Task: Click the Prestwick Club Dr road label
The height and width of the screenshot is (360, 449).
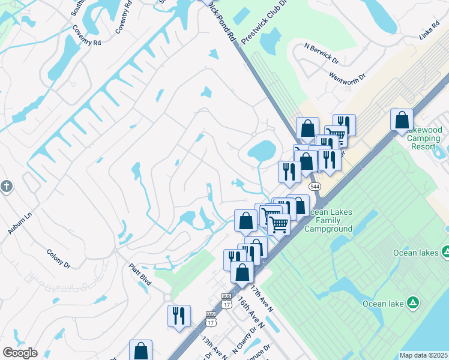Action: tap(264, 23)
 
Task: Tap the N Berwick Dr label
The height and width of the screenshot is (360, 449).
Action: tap(322, 53)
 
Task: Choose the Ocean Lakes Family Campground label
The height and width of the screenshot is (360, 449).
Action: tap(328, 220)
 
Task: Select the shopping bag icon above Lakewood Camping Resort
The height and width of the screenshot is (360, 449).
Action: tap(402, 119)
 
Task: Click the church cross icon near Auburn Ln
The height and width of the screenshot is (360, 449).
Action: tap(6, 186)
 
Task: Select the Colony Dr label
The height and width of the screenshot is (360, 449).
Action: tap(58, 259)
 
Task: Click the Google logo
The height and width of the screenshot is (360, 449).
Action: tap(19, 353)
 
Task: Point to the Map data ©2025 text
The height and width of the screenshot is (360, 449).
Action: tap(424, 355)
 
